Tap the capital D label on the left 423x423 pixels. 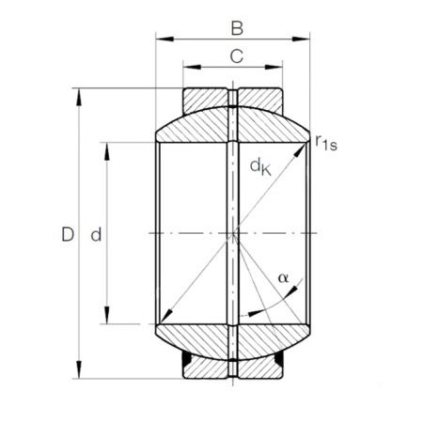[x=66, y=233]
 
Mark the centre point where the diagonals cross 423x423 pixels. [x=232, y=232]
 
